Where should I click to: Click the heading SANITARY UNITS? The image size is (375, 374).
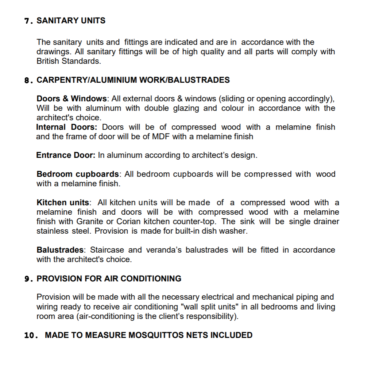(x=71, y=21)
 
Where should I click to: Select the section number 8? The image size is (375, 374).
(x=27, y=81)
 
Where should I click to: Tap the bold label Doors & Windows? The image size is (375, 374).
(x=71, y=99)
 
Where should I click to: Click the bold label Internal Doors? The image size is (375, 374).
(x=66, y=127)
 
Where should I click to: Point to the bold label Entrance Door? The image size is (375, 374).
(x=66, y=155)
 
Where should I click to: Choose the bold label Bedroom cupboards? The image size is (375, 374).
(x=78, y=174)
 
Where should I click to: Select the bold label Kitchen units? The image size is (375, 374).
(x=63, y=203)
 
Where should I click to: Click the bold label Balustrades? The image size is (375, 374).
(x=60, y=250)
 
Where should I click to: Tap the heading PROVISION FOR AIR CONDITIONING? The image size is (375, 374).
(x=109, y=279)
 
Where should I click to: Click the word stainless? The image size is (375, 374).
(x=51, y=231)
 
